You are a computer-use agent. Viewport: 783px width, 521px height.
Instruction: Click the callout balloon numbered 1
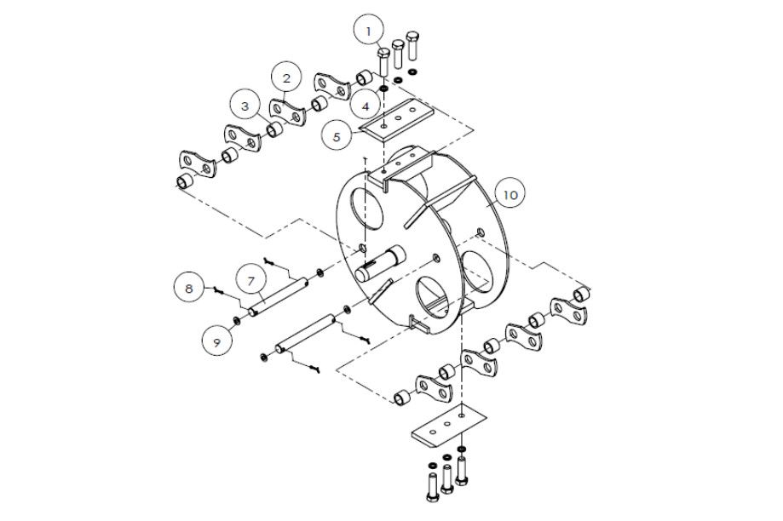[369, 31]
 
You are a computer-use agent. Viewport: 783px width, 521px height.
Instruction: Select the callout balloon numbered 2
[287, 78]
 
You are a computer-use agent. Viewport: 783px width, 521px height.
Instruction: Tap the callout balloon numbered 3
[245, 106]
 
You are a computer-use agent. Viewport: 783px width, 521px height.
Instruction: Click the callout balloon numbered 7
[251, 280]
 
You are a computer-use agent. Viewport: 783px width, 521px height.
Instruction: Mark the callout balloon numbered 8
[190, 289]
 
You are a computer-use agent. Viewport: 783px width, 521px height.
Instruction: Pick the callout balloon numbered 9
[217, 341]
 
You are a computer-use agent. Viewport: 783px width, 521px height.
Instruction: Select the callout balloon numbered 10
[510, 195]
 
